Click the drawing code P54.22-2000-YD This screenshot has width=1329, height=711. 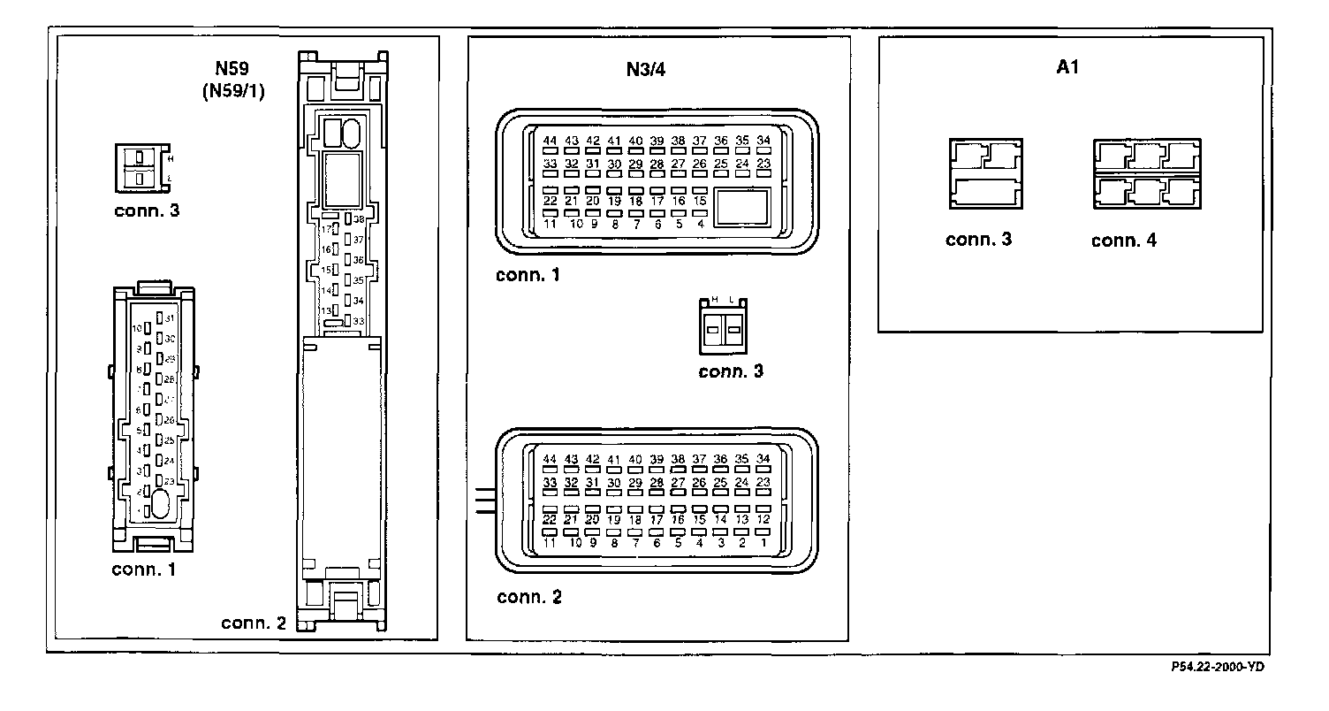tap(1226, 668)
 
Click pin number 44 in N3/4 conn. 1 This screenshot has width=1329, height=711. tap(550, 141)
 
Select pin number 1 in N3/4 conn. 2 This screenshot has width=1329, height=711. tap(763, 542)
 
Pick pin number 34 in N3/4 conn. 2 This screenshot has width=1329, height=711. tap(763, 459)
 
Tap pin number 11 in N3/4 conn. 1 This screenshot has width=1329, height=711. tap(550, 223)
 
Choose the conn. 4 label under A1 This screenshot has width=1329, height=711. tap(1123, 241)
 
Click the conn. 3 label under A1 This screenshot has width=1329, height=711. tap(978, 240)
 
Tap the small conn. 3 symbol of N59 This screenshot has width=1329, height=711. tap(141, 168)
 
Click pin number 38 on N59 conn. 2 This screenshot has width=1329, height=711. tap(359, 218)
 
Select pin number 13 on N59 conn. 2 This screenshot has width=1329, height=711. tap(325, 311)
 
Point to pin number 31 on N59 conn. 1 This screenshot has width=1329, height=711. tap(170, 317)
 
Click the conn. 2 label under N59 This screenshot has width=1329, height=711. tap(254, 623)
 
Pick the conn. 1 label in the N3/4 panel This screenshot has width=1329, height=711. tap(528, 275)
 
